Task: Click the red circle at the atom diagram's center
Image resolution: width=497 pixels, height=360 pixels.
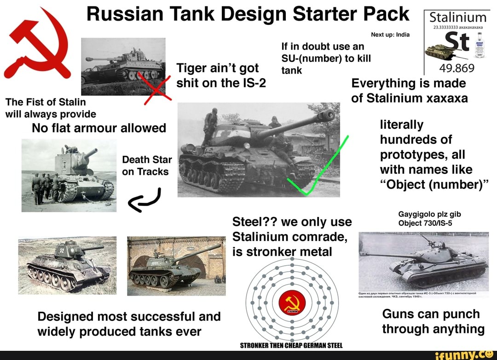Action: click(292, 303)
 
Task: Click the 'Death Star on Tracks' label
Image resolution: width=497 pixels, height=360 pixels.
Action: click(147, 166)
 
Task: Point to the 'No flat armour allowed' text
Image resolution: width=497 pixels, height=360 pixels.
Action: click(99, 128)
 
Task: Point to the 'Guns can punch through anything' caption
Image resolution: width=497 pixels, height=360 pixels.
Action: click(433, 321)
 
